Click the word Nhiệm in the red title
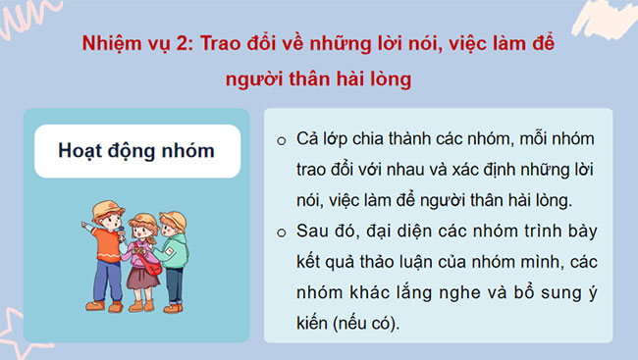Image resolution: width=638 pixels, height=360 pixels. point(114,45)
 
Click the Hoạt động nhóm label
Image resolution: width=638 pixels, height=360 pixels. point(136,151)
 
